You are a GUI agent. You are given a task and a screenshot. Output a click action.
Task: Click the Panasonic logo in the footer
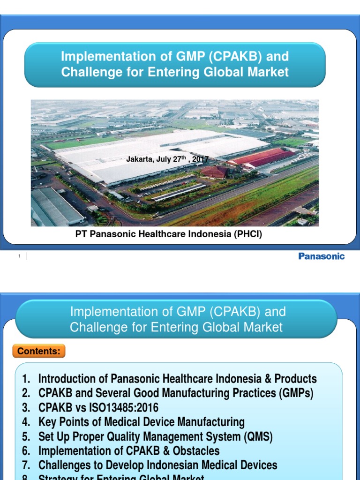tap(321, 256)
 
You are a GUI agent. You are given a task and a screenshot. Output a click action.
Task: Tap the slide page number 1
tap(20, 256)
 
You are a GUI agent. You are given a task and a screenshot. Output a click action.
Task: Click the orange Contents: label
tap(39, 351)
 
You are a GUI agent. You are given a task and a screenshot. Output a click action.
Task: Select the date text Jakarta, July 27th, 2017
tap(167, 159)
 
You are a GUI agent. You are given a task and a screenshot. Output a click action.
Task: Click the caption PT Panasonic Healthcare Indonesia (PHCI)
tap(169, 235)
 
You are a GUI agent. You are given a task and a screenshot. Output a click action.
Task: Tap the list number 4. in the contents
tap(26, 422)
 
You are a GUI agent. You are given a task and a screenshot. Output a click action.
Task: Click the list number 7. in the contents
tap(26, 465)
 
